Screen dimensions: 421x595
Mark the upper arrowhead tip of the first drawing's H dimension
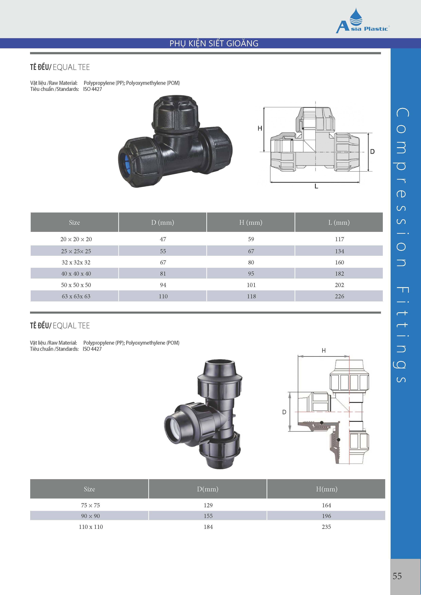pos(264,107)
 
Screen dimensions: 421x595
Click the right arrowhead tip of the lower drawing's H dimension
pos(349,356)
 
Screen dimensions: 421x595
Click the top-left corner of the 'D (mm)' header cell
pos(119,213)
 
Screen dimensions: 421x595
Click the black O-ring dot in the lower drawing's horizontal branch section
pos(321,423)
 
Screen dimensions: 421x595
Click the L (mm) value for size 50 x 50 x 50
pos(339,285)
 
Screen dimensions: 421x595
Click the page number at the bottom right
pos(397,576)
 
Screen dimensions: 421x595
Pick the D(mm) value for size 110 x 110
pos(208,527)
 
